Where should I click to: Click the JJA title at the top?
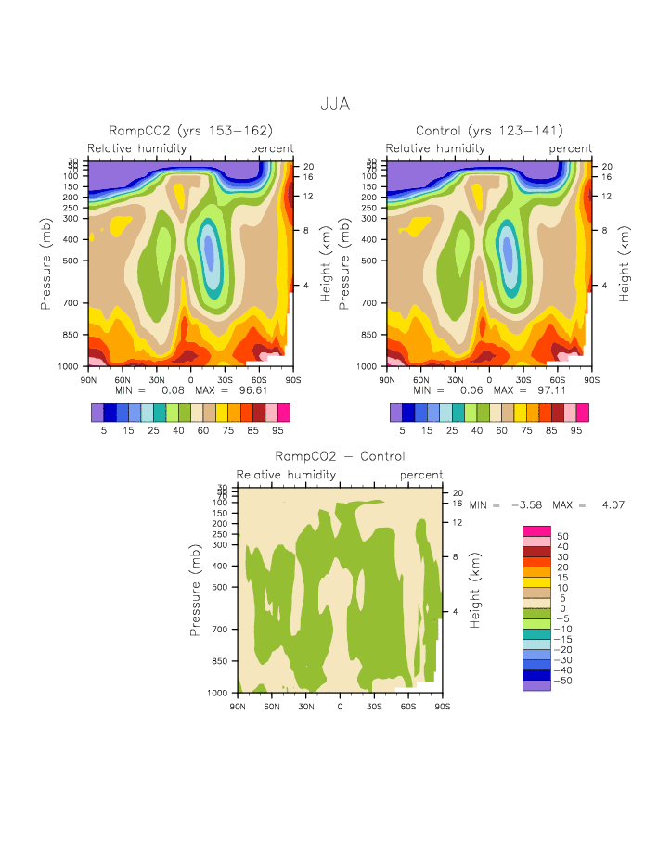(335, 104)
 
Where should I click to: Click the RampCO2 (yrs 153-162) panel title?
(190, 131)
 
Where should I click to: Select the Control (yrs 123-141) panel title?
(489, 131)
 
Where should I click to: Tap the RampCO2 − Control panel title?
(340, 456)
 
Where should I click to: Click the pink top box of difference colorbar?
(536, 530)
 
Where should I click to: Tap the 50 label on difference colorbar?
(562, 536)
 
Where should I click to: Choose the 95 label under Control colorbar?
(576, 430)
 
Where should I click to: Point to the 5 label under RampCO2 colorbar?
(104, 430)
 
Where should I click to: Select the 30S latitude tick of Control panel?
(523, 379)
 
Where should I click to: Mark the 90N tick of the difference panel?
(238, 706)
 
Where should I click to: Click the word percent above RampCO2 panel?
(272, 148)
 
